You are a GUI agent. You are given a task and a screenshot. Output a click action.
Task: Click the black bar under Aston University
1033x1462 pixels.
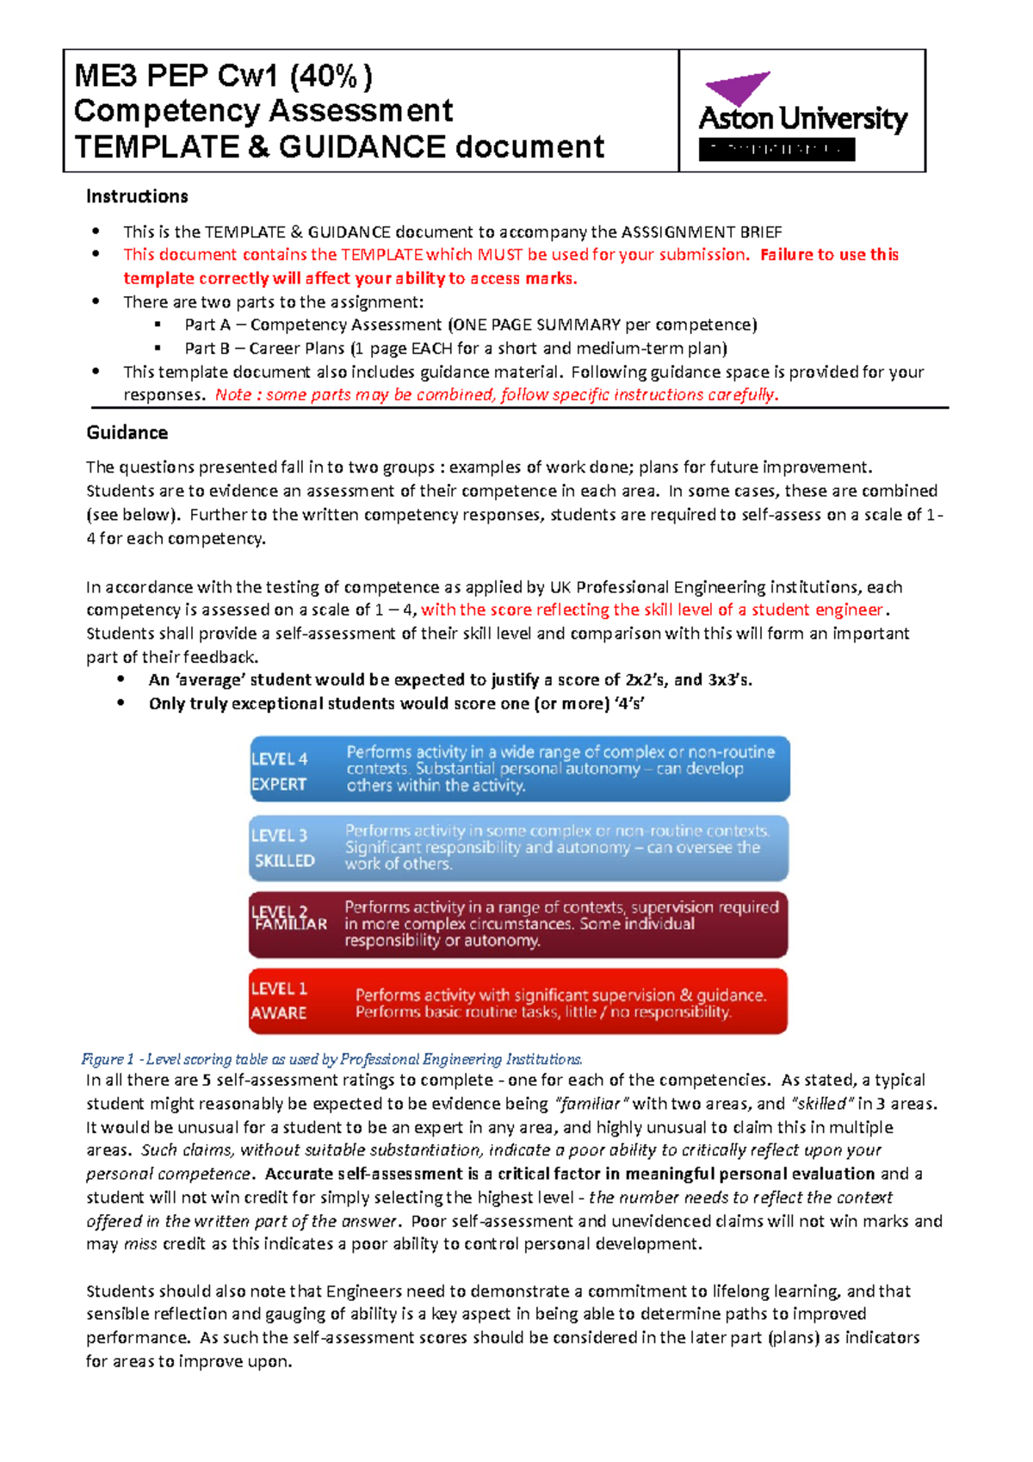[776, 150]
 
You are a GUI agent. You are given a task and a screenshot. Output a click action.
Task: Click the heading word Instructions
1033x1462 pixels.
[137, 196]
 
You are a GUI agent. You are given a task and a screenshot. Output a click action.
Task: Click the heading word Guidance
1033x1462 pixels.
[127, 432]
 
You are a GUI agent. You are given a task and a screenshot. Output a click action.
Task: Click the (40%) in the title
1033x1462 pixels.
[331, 77]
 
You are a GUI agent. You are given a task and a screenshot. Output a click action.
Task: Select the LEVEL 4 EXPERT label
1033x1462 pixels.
[280, 771]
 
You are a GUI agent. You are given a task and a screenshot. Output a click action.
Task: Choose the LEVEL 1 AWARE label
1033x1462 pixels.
[279, 1000]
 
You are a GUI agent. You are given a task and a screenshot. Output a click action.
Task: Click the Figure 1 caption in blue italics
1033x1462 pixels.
[331, 1059]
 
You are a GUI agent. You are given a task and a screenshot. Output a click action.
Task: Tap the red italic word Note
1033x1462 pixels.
[233, 395]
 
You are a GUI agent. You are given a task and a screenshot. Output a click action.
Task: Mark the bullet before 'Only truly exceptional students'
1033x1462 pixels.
[121, 703]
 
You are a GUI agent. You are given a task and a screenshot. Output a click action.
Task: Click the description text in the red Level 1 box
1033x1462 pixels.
[560, 1003]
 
